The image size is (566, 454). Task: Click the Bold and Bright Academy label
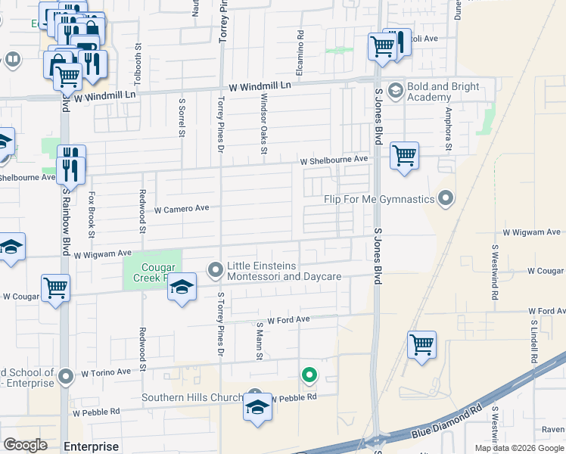(443, 92)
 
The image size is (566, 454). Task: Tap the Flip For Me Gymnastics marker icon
(446, 199)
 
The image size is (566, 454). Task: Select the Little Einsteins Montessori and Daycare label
(285, 271)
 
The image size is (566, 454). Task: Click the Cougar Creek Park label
(159, 272)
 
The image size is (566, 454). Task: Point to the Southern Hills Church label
(192, 398)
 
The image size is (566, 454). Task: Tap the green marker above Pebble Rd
(309, 375)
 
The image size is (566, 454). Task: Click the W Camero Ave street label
(182, 208)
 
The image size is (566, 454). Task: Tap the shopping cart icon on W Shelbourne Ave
(404, 157)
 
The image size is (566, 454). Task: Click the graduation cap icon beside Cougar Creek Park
(182, 288)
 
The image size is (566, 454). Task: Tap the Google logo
(25, 445)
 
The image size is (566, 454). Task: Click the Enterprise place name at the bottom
(92, 446)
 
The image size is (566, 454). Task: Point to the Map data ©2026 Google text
(518, 448)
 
